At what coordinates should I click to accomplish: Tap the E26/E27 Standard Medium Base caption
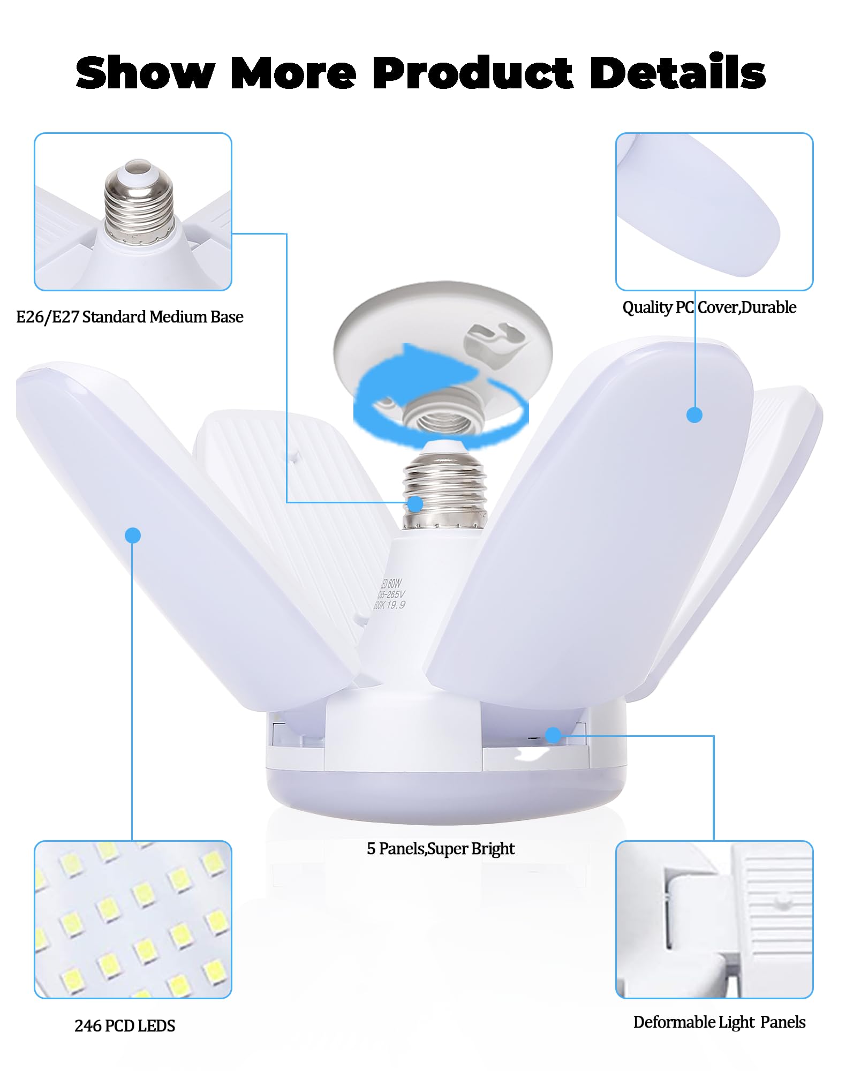(130, 317)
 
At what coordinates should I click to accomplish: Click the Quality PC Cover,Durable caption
(709, 307)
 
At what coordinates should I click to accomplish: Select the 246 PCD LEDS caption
(125, 1025)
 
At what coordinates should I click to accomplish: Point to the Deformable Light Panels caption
(719, 1022)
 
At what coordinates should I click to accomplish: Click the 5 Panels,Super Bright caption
(440, 848)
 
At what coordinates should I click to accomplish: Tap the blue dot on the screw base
(415, 504)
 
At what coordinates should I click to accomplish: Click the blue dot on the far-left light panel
(133, 535)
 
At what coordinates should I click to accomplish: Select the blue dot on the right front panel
(694, 415)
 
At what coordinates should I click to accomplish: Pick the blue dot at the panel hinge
(553, 735)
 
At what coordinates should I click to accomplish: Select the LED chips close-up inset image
(133, 919)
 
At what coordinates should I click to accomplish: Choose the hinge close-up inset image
(714, 919)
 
